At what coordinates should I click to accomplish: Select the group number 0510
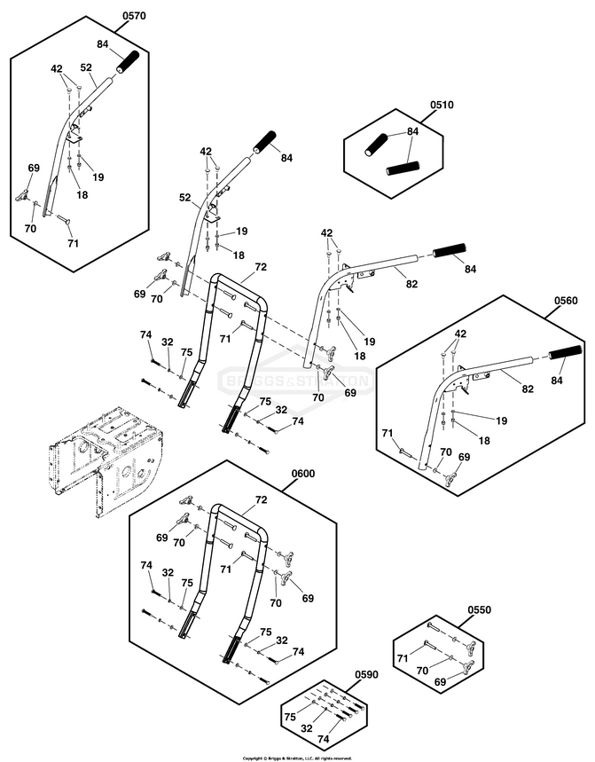(442, 105)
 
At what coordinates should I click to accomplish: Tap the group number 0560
(566, 301)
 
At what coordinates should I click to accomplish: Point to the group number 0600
(303, 474)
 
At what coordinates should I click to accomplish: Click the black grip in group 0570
(129, 64)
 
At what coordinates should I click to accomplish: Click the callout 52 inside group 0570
(86, 67)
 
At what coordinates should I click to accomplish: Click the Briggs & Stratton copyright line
(297, 758)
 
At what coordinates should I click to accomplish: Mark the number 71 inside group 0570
(73, 242)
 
